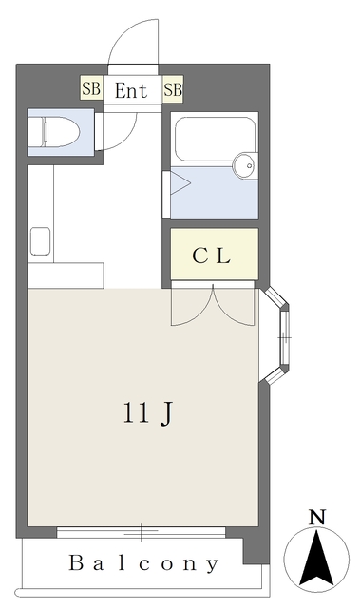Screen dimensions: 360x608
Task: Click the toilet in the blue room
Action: click(x=53, y=132)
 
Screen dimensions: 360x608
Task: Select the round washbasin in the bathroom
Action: click(x=245, y=165)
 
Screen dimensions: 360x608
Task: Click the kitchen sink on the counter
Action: click(x=40, y=241)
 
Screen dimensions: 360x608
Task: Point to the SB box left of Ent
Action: click(x=91, y=88)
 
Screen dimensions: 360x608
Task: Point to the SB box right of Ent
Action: click(x=173, y=89)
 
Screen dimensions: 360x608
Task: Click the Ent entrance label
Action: click(x=131, y=91)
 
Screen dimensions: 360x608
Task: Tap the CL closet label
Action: click(x=212, y=256)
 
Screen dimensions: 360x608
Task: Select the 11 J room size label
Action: click(x=147, y=414)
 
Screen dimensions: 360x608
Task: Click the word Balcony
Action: click(x=143, y=563)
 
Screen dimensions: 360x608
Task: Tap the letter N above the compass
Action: click(x=317, y=517)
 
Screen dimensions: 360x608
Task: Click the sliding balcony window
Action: click(x=141, y=532)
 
